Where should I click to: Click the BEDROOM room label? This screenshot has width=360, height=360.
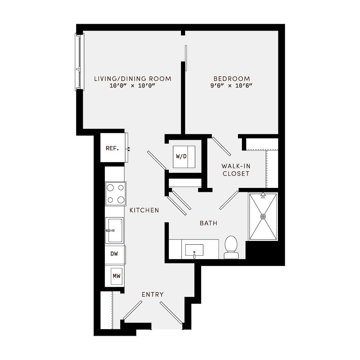point(231,78)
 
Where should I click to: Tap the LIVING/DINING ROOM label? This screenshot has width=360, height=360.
point(132,78)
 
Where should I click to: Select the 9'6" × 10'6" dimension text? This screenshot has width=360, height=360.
point(231,86)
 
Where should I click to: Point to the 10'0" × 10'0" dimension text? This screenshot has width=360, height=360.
point(132,86)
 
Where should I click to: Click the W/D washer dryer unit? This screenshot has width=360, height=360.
point(184,157)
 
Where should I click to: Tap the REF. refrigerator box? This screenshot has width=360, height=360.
point(112,148)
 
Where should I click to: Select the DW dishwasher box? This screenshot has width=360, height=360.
point(114,254)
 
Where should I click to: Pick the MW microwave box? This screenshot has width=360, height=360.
point(116,276)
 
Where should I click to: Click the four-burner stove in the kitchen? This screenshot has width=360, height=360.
point(115,193)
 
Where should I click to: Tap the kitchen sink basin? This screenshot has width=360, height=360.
point(114,230)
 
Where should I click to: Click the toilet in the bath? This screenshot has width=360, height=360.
point(231,247)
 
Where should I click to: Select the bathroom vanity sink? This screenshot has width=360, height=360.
point(194,250)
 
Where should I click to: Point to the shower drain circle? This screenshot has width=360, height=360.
point(263,216)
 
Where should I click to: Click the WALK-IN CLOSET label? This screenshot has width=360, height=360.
point(236,170)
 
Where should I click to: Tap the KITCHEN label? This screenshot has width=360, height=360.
point(144,210)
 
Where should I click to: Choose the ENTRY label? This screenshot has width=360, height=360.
point(153,294)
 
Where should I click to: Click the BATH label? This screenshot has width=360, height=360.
point(208,223)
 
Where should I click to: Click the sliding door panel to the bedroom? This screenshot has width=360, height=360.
point(186,58)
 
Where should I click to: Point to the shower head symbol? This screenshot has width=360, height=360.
point(263,195)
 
